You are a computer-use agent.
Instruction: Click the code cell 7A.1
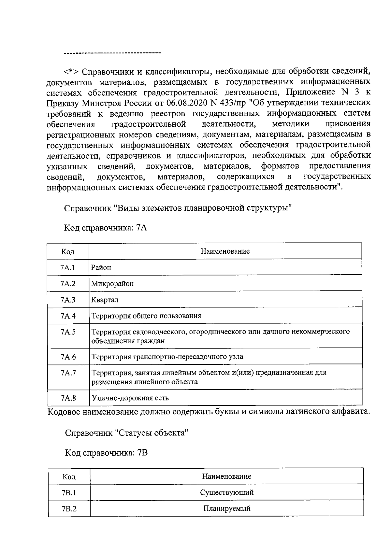coord(68,267)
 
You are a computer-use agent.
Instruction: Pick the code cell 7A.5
coord(68,332)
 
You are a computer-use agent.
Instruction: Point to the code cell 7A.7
coord(68,373)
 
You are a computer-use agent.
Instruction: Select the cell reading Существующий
coord(226,492)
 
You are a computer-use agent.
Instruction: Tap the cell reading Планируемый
coord(226,508)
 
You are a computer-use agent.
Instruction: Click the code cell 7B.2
coord(69,509)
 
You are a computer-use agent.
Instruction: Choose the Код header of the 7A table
coord(68,251)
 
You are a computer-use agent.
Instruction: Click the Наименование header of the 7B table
coord(226,476)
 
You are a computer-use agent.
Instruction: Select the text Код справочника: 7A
coord(106,228)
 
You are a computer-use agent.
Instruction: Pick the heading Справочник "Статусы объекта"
coord(127,433)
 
